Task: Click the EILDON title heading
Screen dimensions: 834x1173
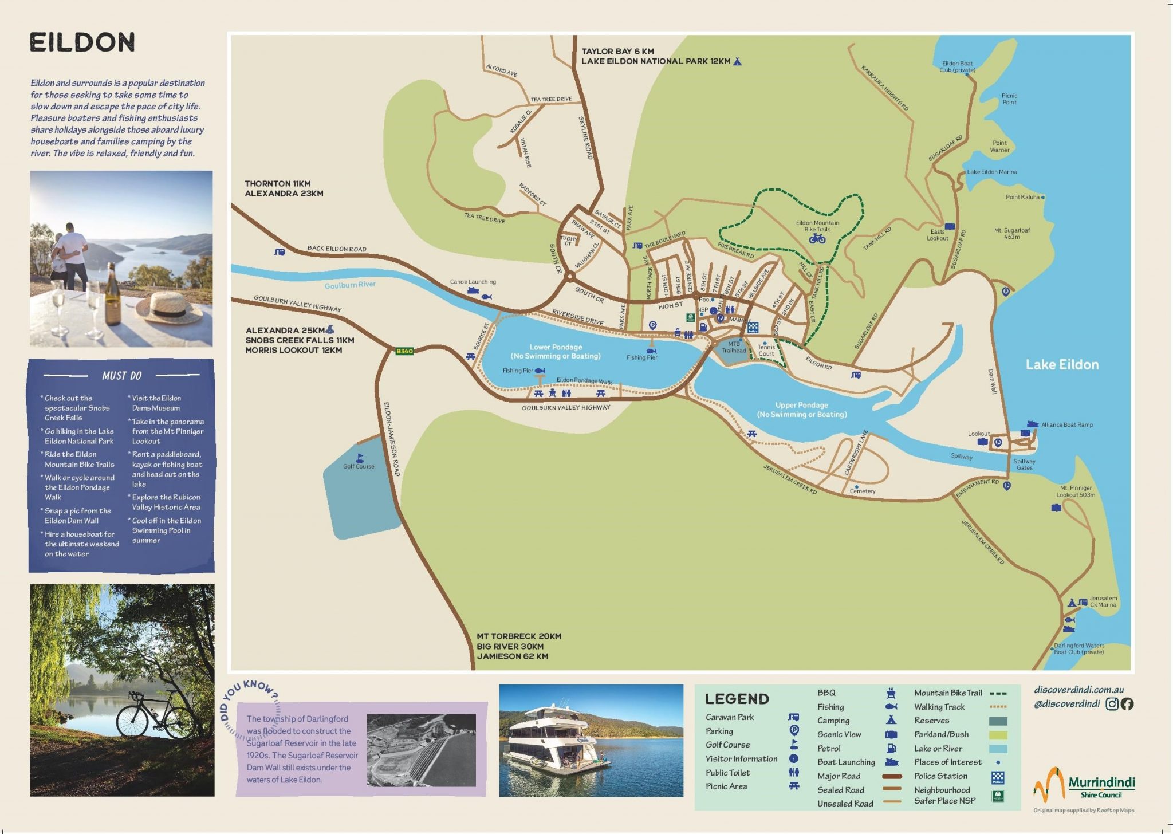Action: [x=82, y=42]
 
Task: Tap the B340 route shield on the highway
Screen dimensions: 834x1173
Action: [x=404, y=351]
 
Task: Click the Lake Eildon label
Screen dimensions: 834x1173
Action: [x=1061, y=365]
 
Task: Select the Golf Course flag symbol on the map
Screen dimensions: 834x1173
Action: [x=360, y=458]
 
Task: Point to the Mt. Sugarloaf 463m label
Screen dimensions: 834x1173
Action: [x=1011, y=233]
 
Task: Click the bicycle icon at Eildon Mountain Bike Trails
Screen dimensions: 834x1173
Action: [x=817, y=239]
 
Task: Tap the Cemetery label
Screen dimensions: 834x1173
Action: [x=863, y=491]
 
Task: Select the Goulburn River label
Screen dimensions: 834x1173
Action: [x=350, y=285]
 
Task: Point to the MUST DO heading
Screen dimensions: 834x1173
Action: [x=121, y=376]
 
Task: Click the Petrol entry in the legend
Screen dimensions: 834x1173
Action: [x=829, y=748]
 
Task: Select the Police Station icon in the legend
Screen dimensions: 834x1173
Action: [x=998, y=777]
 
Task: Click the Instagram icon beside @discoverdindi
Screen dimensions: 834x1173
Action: [x=1112, y=704]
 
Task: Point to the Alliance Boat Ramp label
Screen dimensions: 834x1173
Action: [x=1066, y=424]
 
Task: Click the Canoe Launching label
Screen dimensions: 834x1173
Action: [x=473, y=282]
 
